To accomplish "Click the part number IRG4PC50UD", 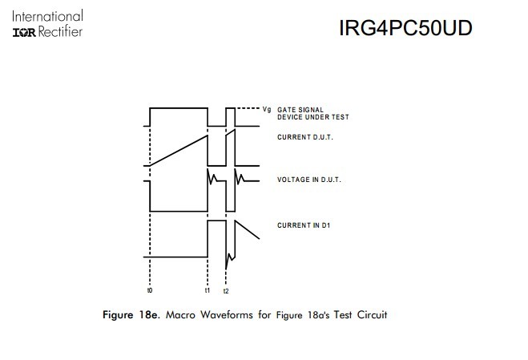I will click(x=405, y=28).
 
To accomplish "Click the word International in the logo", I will click(x=48, y=16).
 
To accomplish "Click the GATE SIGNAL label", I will click(x=298, y=109).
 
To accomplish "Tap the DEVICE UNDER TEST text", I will click(x=313, y=117).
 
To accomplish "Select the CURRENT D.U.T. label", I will click(x=305, y=138).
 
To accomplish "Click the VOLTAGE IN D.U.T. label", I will click(x=309, y=180).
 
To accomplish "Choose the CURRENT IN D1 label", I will click(x=304, y=225).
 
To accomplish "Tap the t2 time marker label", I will click(x=226, y=290).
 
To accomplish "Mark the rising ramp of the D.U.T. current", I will click(x=178, y=150).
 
